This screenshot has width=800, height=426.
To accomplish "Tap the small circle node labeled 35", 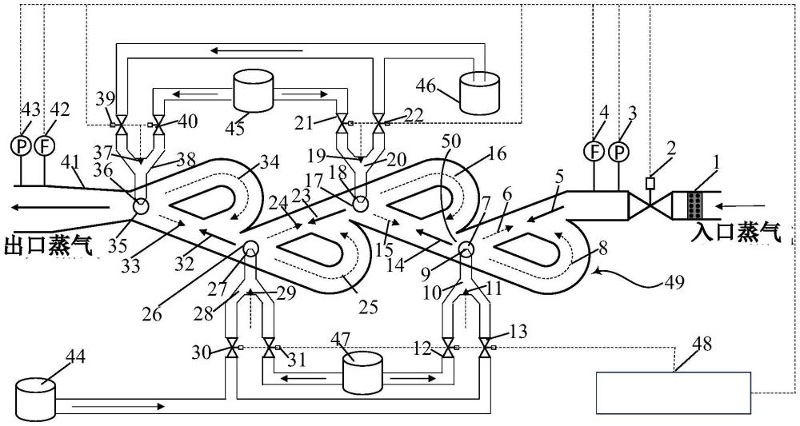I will click(142, 205).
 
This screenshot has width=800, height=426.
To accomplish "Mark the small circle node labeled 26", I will click(249, 249).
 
